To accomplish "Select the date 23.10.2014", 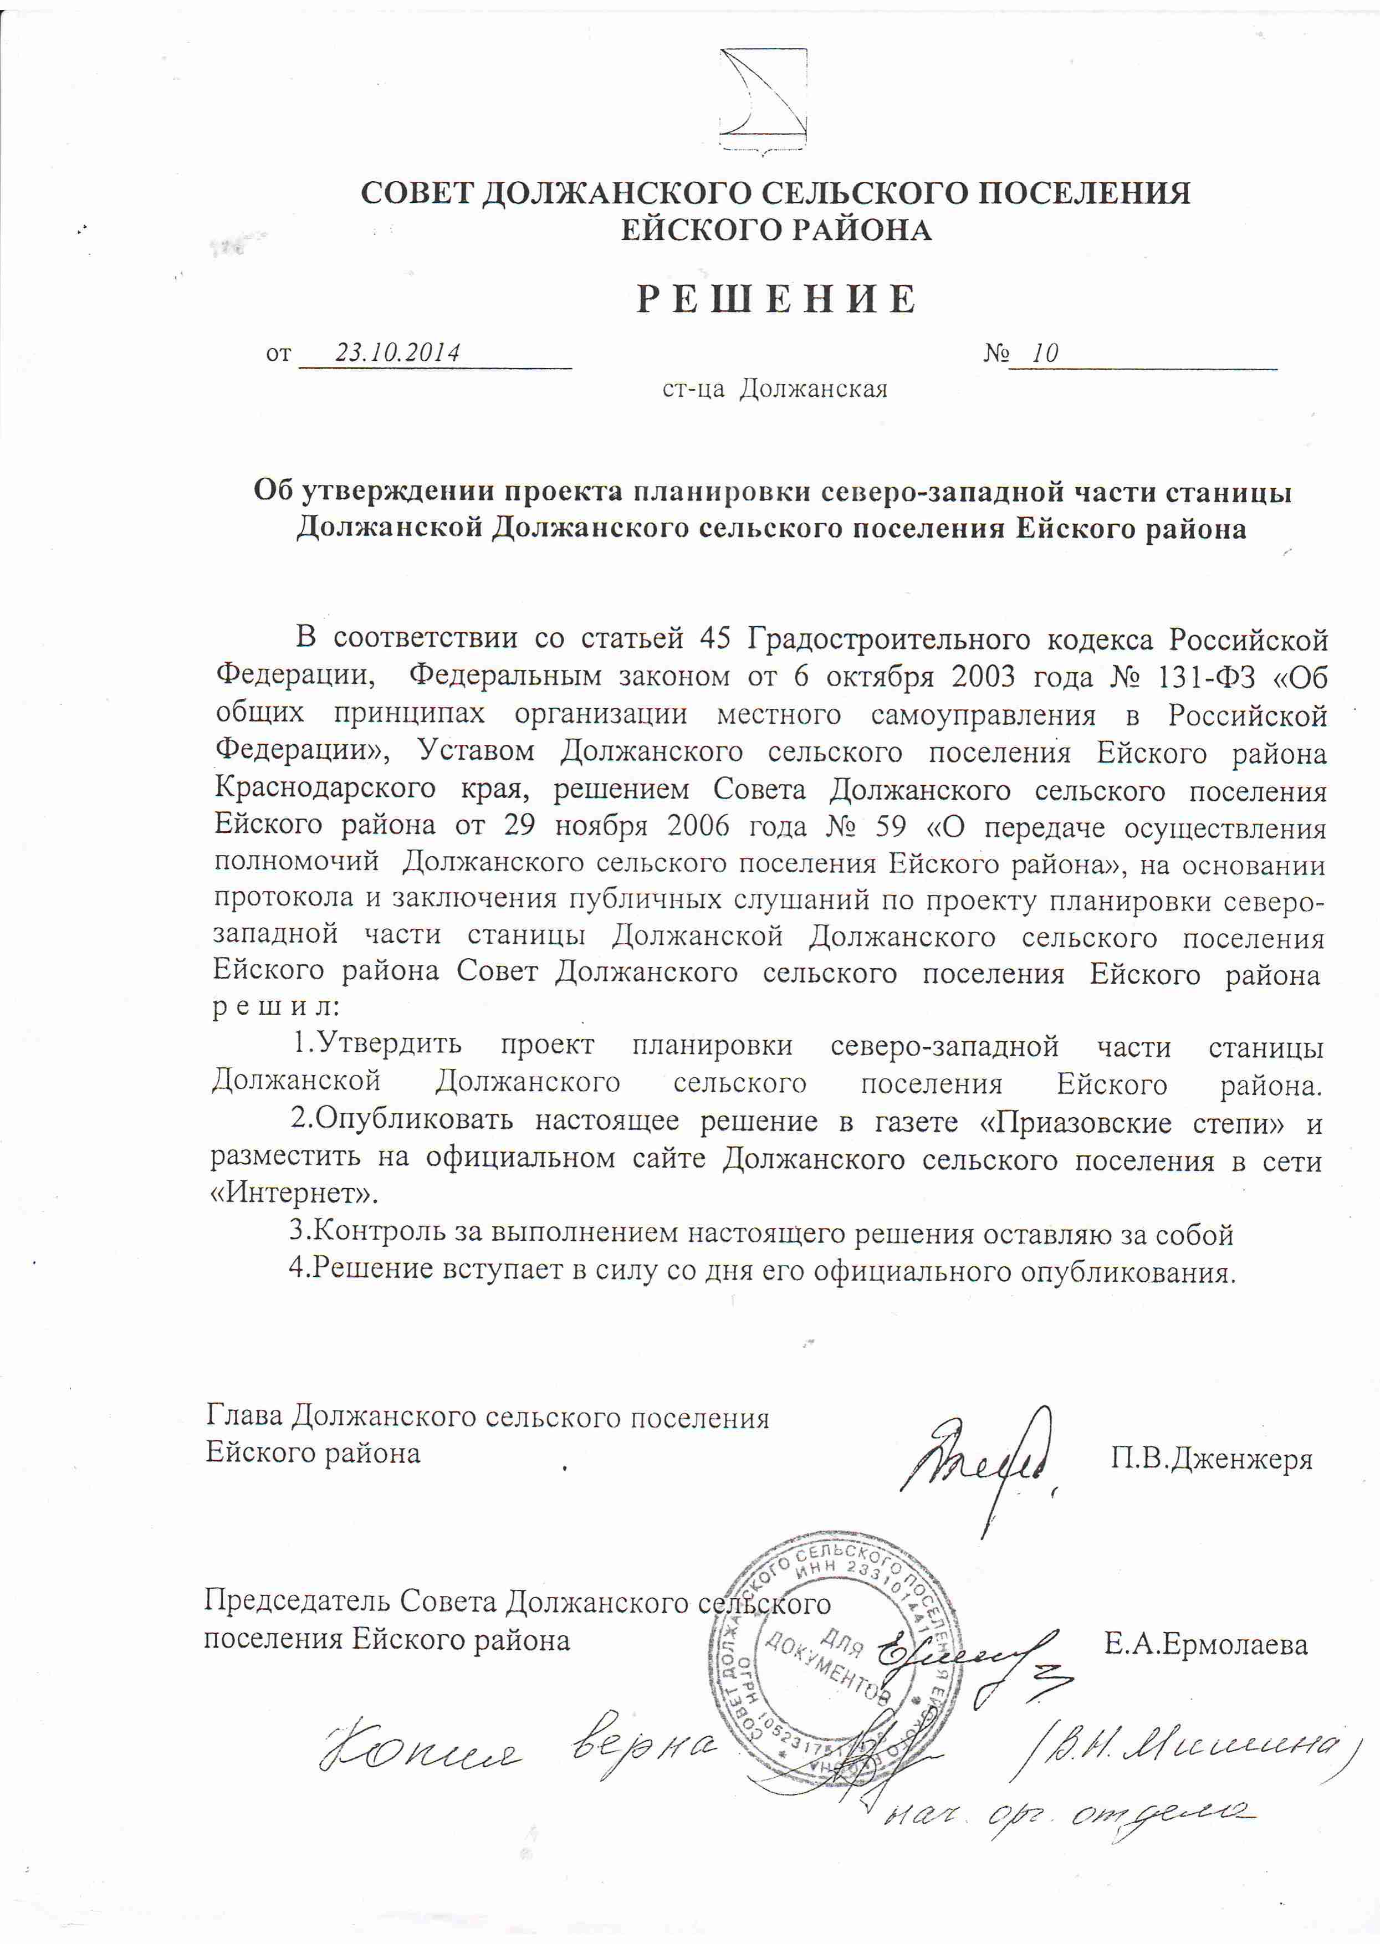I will [397, 352].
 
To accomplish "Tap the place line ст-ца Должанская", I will [775, 389].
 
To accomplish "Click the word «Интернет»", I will [294, 1194].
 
